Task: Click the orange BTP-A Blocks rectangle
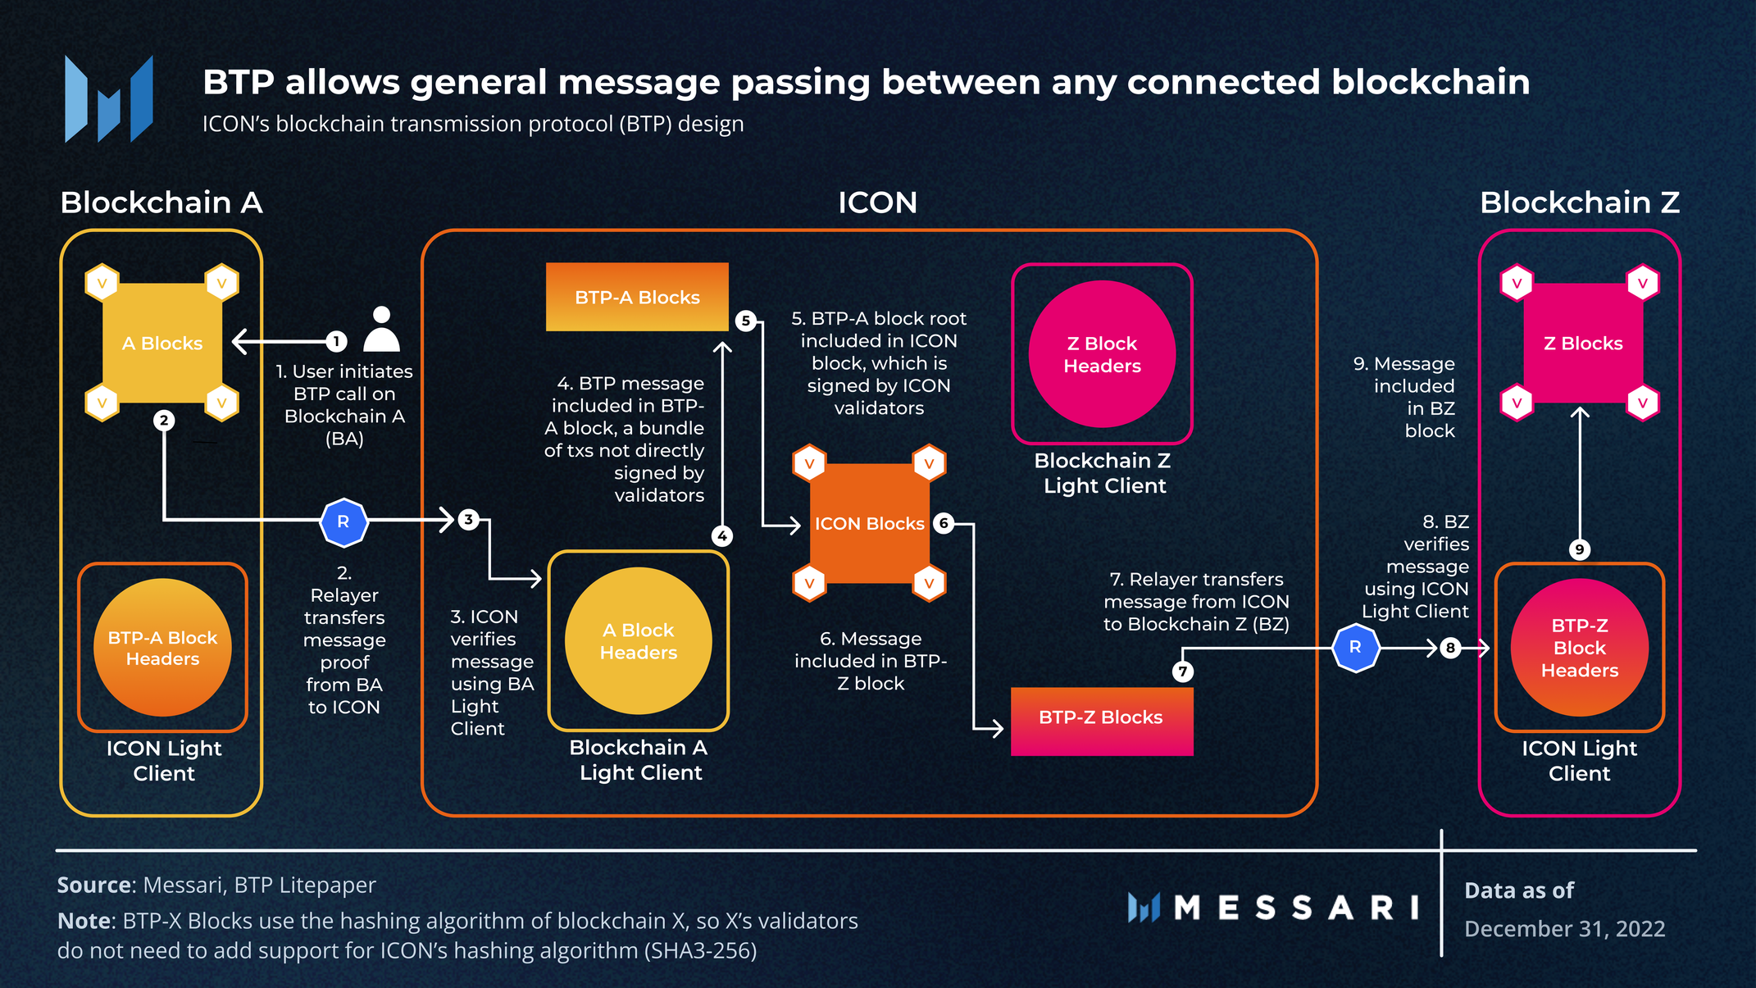[637, 297]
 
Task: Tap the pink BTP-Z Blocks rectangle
[1101, 721]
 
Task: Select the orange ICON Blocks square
[869, 523]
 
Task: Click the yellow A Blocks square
[162, 343]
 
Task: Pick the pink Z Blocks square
[1582, 343]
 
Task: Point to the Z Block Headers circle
[1102, 354]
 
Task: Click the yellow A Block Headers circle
[638, 641]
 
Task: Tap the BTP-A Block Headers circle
[162, 648]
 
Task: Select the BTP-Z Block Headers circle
[1579, 648]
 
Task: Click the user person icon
[381, 330]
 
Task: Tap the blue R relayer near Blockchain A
[343, 522]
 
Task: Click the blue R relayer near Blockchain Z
[1356, 648]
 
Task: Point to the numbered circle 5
[745, 321]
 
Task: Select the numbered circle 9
[1579, 549]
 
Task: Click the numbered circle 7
[1182, 672]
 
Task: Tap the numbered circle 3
[468, 519]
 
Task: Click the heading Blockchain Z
[1579, 203]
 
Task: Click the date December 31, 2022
[1564, 929]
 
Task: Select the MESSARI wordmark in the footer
[1295, 908]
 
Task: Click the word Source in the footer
[94, 886]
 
